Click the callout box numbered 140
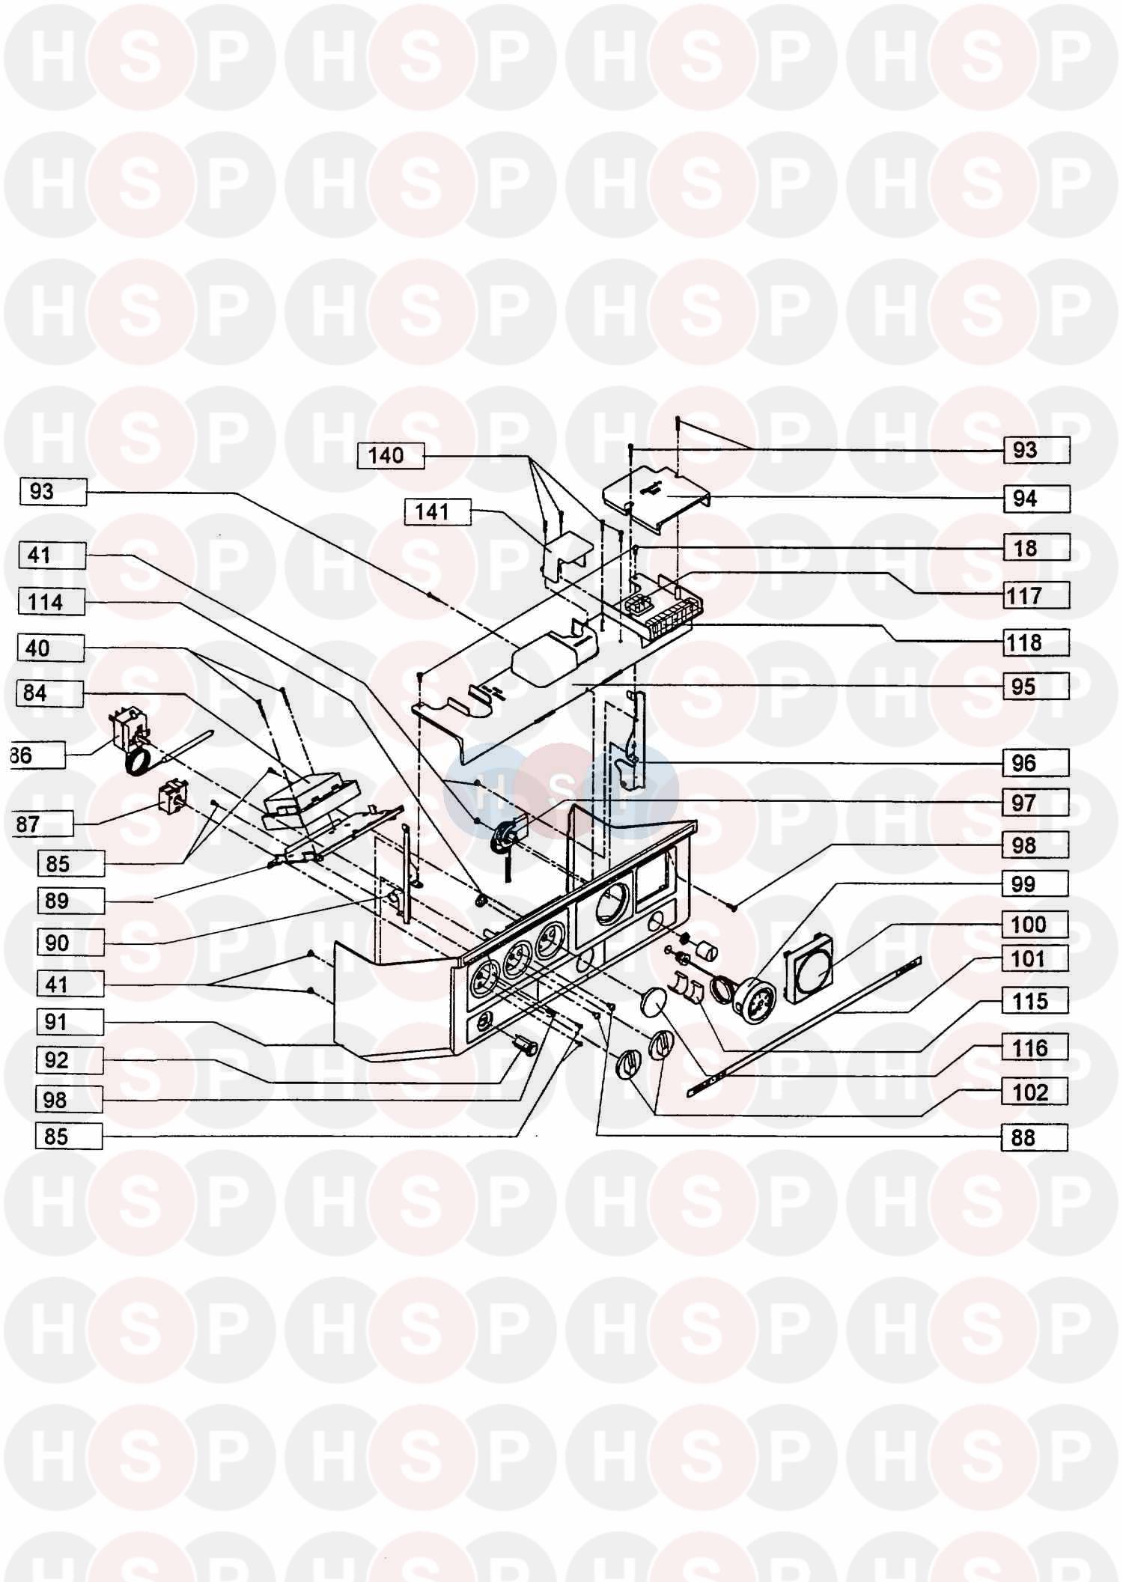[391, 456]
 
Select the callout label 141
[437, 512]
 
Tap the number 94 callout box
[1035, 499]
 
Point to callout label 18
[1035, 548]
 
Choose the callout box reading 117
[1035, 596]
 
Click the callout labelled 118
[1035, 642]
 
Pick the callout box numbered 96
[1035, 763]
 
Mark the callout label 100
[1035, 925]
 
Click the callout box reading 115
[1035, 1001]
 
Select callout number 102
[1035, 1092]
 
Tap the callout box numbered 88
[1035, 1137]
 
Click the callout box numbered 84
[49, 693]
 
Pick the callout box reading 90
[70, 943]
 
